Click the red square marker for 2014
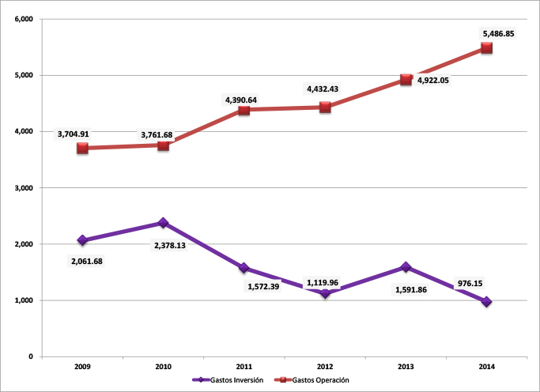coord(486,48)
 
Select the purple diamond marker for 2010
coord(163,223)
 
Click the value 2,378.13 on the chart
coord(173,246)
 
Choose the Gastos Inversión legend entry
coord(229,380)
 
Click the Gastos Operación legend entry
coord(314,380)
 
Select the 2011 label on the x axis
coord(244,367)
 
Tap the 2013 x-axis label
coord(406,367)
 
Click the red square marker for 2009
coord(82,148)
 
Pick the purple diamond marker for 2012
coord(325,294)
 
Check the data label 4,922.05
coord(433,91)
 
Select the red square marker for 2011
coord(244,110)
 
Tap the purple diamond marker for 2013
coord(406,267)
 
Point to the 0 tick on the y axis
coord(29,357)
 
